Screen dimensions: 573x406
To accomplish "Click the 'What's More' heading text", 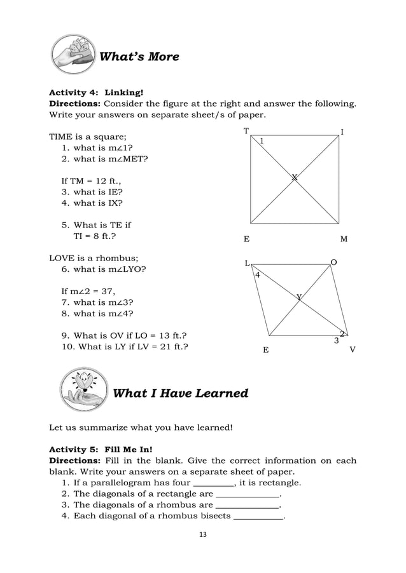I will tap(139, 57).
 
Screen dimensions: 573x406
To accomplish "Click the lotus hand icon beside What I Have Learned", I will tap(83, 392).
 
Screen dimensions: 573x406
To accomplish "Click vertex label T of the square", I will tap(246, 130).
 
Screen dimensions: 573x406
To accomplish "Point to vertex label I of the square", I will tap(342, 132).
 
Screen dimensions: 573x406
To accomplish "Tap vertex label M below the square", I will tap(344, 239).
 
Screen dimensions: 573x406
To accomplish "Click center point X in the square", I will tap(294, 178).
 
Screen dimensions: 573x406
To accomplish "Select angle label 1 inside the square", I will tap(261, 140).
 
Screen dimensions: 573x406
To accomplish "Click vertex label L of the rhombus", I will tap(248, 263).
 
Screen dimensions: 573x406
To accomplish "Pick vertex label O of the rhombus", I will tap(333, 262).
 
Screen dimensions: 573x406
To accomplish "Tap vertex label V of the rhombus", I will tap(353, 349).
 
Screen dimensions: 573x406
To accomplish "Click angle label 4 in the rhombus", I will tap(257, 275).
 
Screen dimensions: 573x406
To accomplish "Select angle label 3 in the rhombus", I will tap(336, 341).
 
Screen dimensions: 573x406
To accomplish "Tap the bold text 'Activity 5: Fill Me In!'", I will tap(94, 448).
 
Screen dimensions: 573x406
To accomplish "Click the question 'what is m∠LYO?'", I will tap(109, 269).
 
